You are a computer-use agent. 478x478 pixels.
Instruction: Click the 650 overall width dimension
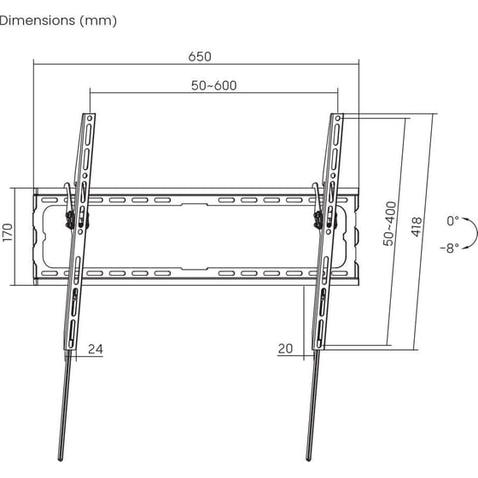coord(198,56)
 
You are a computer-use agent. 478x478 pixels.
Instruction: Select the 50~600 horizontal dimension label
coord(213,85)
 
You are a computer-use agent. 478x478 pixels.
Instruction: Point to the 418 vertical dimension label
coord(417,226)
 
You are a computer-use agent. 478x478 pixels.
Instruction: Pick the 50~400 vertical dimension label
coord(390,224)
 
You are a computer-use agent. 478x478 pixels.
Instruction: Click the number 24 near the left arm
coord(95,348)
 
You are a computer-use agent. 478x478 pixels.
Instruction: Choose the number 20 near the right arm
coord(285,348)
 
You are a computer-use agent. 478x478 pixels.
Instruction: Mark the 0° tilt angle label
coord(452,220)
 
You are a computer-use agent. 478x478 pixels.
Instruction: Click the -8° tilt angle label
coord(450,248)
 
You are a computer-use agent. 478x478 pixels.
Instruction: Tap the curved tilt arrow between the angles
coord(469,233)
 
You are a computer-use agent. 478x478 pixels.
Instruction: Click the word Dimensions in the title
coord(38,20)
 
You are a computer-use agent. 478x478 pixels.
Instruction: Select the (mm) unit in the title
coord(99,20)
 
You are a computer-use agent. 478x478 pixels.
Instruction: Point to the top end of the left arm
coord(90,114)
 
